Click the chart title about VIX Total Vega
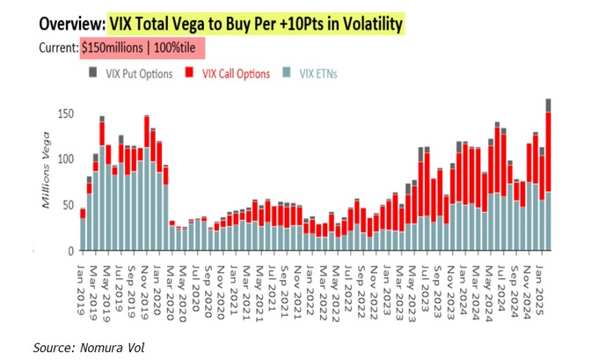(255, 24)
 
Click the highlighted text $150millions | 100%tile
(142, 48)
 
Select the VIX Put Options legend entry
(133, 74)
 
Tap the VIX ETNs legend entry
(312, 74)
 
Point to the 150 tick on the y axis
(64, 114)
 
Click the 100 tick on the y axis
(64, 159)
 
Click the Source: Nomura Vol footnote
(88, 349)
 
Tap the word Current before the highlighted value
(57, 48)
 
